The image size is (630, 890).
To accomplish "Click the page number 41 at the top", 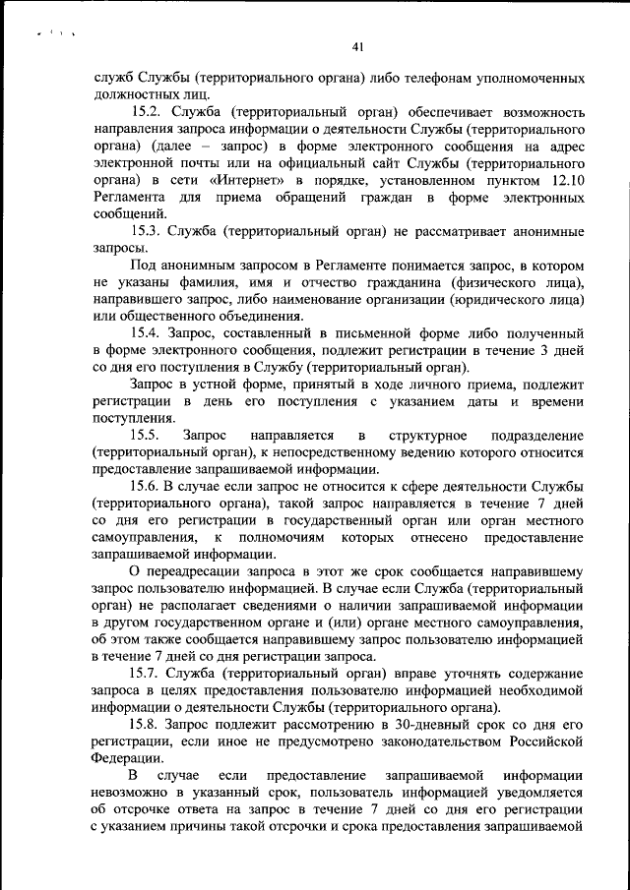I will tap(357, 46).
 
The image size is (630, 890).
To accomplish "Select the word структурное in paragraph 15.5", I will tap(425, 435).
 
